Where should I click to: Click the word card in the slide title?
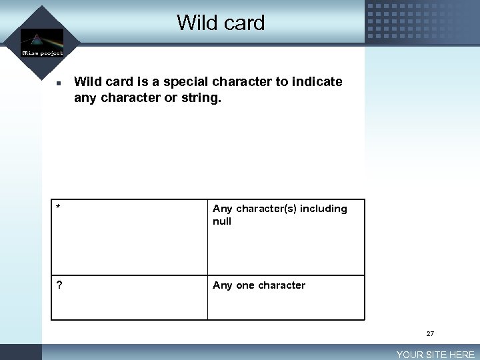click(x=243, y=23)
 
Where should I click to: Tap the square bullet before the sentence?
click(x=59, y=85)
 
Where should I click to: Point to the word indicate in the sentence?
click(x=317, y=82)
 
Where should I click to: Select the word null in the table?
click(x=222, y=221)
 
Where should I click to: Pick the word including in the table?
click(x=323, y=209)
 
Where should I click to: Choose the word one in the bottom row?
click(x=245, y=285)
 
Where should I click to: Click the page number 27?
click(x=430, y=333)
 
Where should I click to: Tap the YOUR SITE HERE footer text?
click(x=435, y=355)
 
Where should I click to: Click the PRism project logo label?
click(x=42, y=53)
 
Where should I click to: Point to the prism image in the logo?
click(x=42, y=38)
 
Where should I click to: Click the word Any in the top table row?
click(x=223, y=209)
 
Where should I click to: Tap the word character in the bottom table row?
click(x=281, y=285)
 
